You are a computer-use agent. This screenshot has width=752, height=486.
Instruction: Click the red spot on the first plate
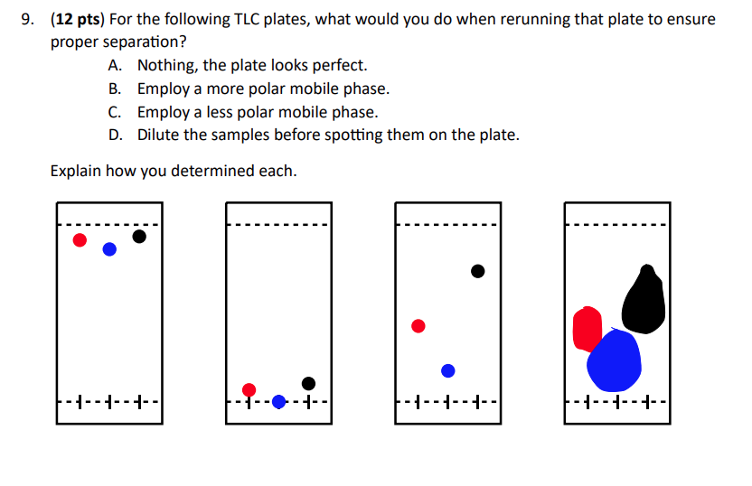click(80, 239)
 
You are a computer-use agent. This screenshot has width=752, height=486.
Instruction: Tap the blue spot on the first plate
click(109, 249)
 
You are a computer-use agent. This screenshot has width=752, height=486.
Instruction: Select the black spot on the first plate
click(138, 237)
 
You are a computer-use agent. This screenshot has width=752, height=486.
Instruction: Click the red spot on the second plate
click(249, 390)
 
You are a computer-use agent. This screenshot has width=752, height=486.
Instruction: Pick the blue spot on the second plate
click(278, 401)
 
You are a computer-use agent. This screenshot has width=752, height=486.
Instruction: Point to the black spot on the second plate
click(308, 383)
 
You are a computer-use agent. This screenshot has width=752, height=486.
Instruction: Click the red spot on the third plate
click(418, 325)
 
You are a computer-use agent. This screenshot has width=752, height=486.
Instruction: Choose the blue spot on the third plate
click(447, 370)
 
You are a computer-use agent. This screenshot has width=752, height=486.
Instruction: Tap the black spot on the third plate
click(477, 271)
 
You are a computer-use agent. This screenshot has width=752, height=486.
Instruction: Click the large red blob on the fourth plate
click(587, 328)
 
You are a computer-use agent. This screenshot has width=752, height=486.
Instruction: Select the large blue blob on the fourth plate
click(614, 360)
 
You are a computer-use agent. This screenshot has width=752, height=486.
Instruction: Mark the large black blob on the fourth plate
click(644, 300)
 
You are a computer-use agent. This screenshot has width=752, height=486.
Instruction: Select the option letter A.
click(114, 65)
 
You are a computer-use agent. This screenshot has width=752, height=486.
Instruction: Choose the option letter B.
click(114, 89)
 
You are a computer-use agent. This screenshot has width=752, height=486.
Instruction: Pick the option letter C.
click(114, 112)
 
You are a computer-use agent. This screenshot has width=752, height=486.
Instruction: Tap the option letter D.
click(114, 135)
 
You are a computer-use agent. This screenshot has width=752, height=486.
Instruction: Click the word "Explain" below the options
click(75, 170)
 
